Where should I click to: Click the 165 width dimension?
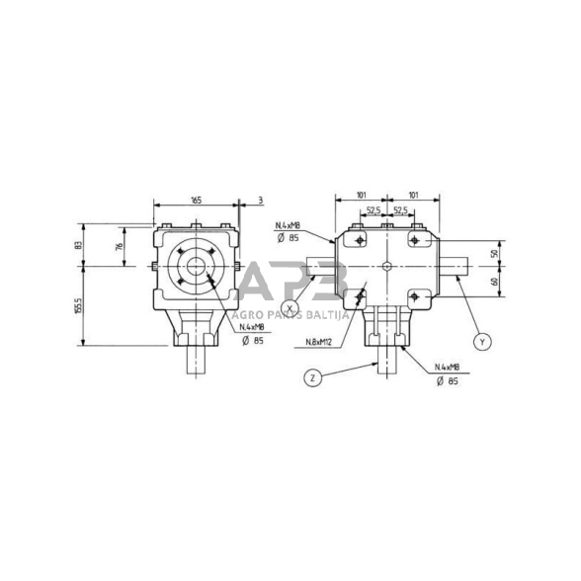point(196,201)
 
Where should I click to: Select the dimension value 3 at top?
point(260,201)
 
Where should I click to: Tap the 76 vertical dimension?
point(120,248)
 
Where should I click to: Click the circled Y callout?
point(481,341)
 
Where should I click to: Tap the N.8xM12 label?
point(318,343)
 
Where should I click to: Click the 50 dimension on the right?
point(495,253)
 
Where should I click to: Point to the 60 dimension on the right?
point(495,283)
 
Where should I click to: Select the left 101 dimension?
point(361,196)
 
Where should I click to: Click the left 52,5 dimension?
point(373,210)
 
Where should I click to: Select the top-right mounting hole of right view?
point(413,237)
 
